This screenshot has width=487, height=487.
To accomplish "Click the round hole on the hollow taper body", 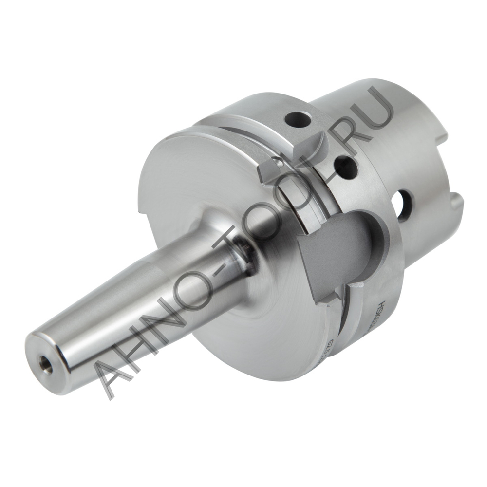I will click(404, 206).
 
